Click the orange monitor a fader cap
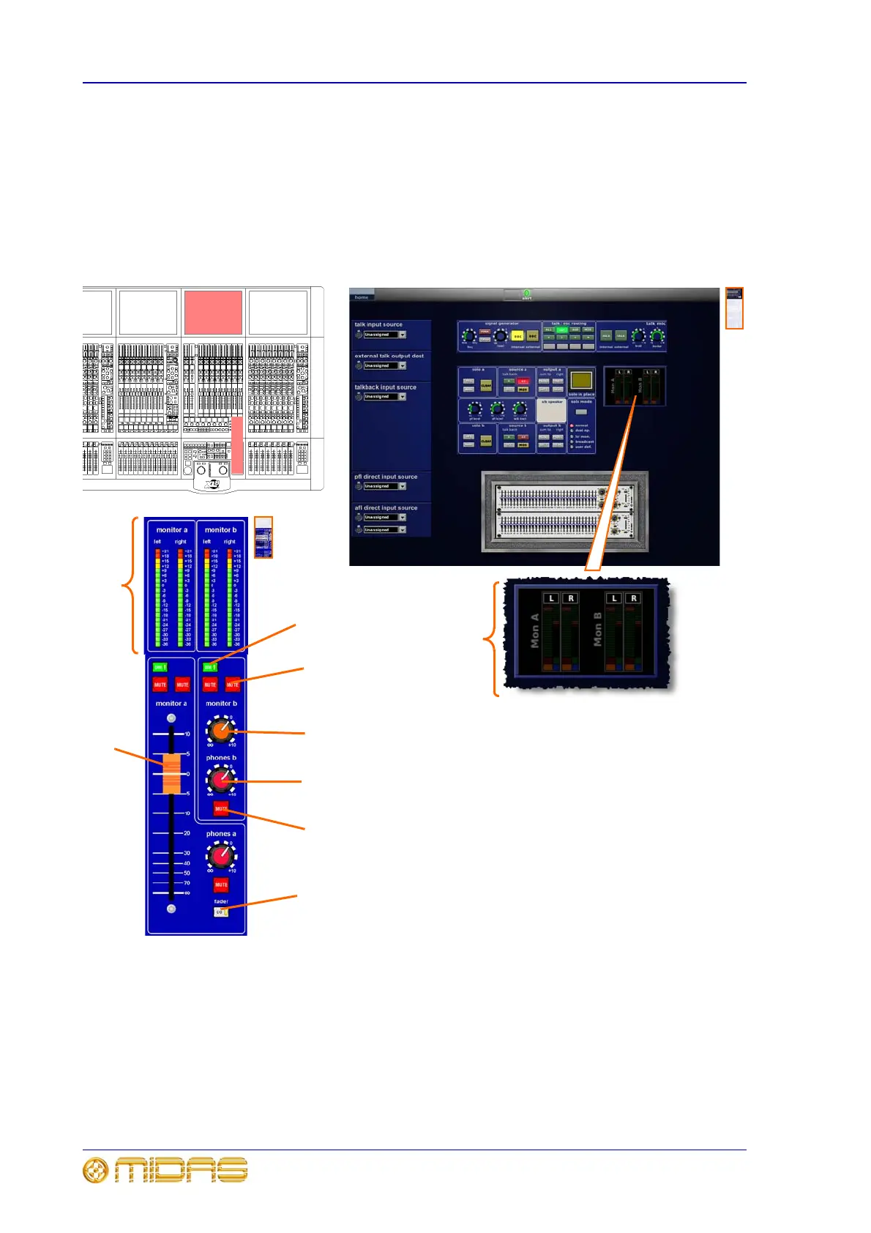point(171,773)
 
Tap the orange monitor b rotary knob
point(220,729)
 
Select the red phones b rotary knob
point(220,780)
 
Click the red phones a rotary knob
point(220,855)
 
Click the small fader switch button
point(220,912)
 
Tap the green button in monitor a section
point(160,667)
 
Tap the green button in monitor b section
point(209,667)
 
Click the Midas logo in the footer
point(165,1171)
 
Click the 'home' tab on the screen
point(362,297)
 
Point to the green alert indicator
point(526,294)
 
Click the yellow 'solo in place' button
point(581,380)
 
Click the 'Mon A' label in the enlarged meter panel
point(535,630)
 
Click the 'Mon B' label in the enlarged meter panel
point(598,630)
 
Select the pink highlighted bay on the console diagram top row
point(213,313)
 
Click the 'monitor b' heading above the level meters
point(220,530)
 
